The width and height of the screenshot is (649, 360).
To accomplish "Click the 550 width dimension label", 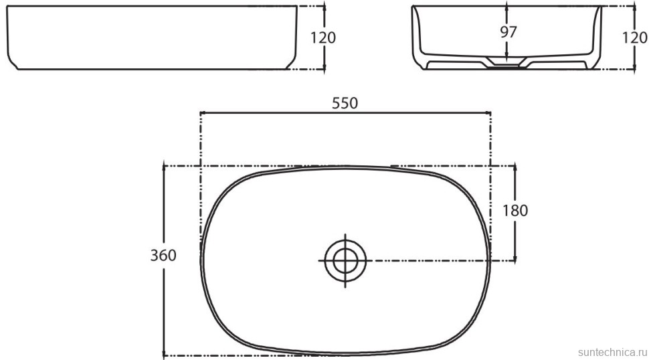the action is pyautogui.click(x=345, y=103).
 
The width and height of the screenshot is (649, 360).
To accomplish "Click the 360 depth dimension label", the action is pyautogui.click(x=163, y=256).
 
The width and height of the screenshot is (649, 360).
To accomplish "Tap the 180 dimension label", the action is pyautogui.click(x=515, y=211).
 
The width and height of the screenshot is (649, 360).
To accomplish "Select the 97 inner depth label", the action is pyautogui.click(x=508, y=32).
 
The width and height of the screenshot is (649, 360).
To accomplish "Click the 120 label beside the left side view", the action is pyautogui.click(x=323, y=38).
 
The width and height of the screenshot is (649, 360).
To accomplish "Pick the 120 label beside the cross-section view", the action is pyautogui.click(x=634, y=38).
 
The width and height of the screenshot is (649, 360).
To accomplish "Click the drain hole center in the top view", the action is pyautogui.click(x=345, y=260).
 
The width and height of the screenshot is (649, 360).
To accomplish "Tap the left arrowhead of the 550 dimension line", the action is pyautogui.click(x=203, y=112).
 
